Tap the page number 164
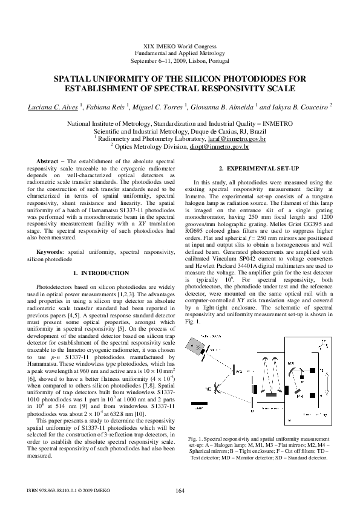[x=180, y=490]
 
